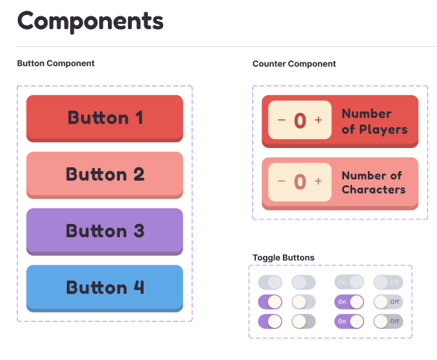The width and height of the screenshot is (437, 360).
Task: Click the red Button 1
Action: point(104,118)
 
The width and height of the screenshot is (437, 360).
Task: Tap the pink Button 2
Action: point(104,175)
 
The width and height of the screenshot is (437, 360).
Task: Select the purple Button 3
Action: point(104,231)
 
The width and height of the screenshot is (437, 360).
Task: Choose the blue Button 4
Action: point(104,288)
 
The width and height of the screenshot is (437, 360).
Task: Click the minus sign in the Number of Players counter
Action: point(281,120)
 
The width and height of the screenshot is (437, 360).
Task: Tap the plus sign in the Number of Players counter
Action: point(319,120)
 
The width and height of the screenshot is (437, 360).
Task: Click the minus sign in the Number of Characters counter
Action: point(281,181)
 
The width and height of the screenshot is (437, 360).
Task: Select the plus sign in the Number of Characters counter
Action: point(319,181)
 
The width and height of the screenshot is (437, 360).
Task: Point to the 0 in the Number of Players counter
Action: point(300,120)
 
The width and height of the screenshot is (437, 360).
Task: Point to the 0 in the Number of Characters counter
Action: point(300,181)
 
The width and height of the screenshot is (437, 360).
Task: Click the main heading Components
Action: point(90,22)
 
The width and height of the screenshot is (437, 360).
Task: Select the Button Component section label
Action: point(56,63)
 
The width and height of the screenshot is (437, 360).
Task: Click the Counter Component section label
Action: point(294,64)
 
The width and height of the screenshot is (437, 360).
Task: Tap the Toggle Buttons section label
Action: point(284,257)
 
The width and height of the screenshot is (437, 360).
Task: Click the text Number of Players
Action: point(374,122)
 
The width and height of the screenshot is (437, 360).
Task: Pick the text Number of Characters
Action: point(374,182)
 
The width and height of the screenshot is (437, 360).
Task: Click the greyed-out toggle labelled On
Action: point(349,282)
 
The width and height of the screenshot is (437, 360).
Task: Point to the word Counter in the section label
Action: point(269,64)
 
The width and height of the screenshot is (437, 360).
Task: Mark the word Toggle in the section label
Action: point(267,258)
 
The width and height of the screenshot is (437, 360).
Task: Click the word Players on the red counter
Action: point(383,129)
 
